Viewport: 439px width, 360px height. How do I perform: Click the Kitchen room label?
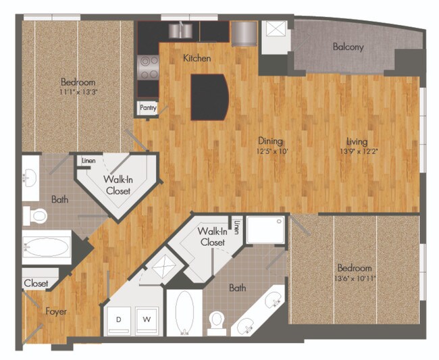point(197,59)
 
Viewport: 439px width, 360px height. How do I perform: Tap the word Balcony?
point(348,47)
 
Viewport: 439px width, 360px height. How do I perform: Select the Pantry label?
point(148,107)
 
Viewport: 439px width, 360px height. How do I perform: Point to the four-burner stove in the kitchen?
point(149,68)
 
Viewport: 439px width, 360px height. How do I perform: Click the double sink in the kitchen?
point(180,30)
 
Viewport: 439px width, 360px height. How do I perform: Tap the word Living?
point(357,142)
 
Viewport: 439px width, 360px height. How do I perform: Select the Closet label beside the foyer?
point(36,284)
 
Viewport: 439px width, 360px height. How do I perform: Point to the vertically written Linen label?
point(236,227)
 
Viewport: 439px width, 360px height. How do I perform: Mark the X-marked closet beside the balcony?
point(274,32)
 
